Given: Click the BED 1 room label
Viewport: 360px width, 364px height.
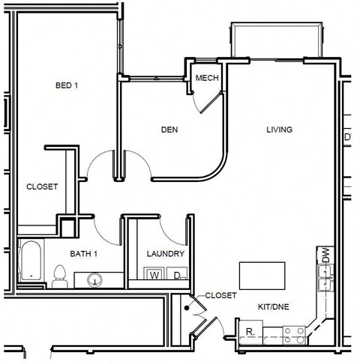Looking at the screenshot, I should (x=67, y=85).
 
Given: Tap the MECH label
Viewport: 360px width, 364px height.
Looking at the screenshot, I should (x=206, y=78).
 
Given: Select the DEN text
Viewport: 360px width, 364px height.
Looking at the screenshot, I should (x=169, y=130).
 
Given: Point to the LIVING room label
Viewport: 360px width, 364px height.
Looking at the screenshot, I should (x=279, y=130).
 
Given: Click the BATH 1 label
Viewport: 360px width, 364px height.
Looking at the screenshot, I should (x=85, y=254).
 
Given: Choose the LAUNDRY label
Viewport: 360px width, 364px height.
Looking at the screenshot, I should (x=165, y=254).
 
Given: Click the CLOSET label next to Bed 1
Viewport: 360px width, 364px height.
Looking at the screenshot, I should (x=42, y=186).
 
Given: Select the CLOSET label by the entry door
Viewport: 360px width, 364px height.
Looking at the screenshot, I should (x=220, y=295).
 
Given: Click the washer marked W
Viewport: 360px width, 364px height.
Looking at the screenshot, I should (x=154, y=276).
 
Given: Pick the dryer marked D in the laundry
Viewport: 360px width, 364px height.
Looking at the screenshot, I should (x=178, y=276).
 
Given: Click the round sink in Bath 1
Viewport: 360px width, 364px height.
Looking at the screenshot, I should (x=94, y=279).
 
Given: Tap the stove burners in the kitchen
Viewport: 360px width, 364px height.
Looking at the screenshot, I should (x=292, y=331).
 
